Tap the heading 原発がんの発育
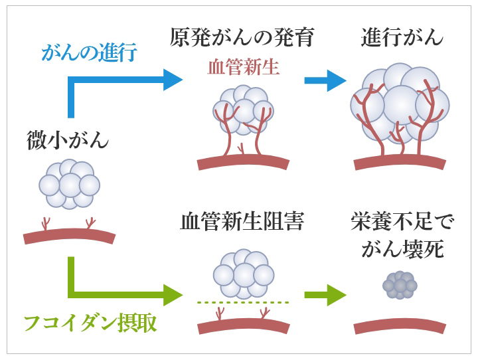tap(241, 37)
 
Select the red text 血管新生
tap(243, 66)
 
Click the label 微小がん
tap(68, 139)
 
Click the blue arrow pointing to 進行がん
tap(325, 81)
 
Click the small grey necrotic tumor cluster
tap(400, 285)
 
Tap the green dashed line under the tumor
tap(243, 303)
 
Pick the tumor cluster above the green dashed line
tap(243, 274)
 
